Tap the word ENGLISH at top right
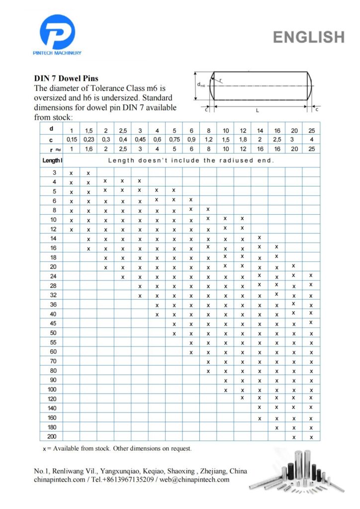308,37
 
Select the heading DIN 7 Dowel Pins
66,78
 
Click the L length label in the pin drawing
257,110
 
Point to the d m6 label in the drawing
201,85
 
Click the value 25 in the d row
311,131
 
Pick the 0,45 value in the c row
140,140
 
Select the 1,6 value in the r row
89,149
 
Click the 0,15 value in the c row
71,140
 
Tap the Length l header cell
52,161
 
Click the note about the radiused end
191,161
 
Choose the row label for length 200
55,436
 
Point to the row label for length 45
55,324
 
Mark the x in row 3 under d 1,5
89,172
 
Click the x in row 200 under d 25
311,437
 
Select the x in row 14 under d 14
260,238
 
